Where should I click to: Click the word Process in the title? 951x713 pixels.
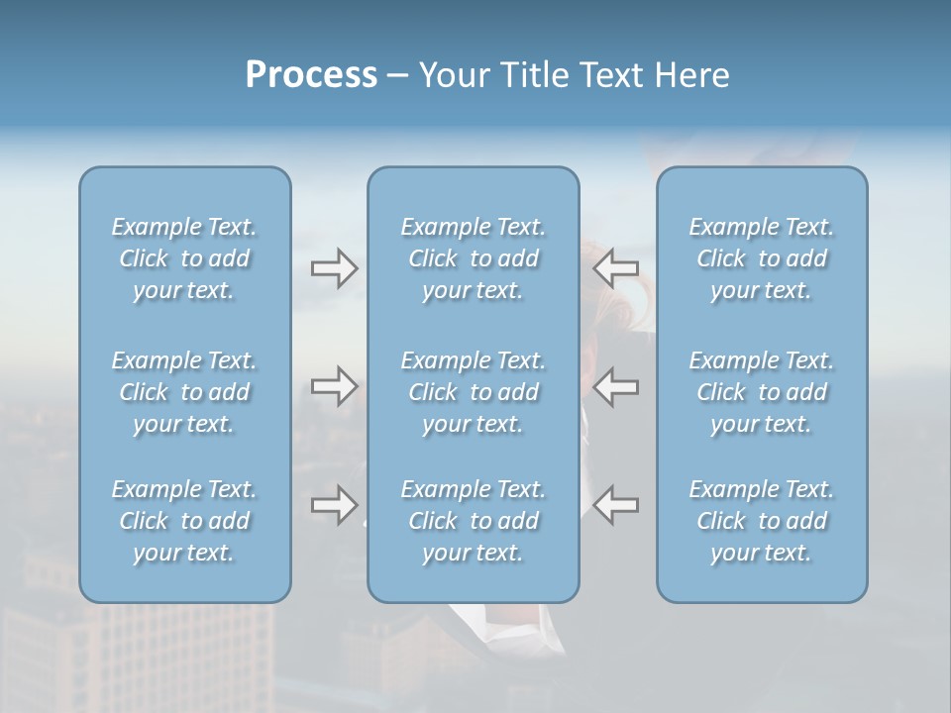(x=311, y=75)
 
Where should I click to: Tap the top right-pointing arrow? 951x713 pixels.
(x=334, y=268)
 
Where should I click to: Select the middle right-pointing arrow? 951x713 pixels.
(x=334, y=385)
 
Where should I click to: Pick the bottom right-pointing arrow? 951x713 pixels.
(x=334, y=505)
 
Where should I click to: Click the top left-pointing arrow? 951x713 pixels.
(x=616, y=268)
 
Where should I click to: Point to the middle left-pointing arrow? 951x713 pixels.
(x=616, y=385)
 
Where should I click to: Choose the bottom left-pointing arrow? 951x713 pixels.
(x=616, y=505)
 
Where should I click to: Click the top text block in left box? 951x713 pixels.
(x=184, y=258)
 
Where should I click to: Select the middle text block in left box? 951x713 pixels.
(x=184, y=392)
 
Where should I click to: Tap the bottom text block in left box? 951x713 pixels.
(x=184, y=521)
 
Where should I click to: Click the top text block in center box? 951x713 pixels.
(x=474, y=258)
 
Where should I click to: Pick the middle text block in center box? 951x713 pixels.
(x=474, y=392)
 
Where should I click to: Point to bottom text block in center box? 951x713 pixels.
(x=474, y=521)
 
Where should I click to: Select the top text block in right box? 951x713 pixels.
(x=762, y=258)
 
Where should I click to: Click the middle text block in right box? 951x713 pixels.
(x=762, y=392)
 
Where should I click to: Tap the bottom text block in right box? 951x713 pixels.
(x=762, y=521)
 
